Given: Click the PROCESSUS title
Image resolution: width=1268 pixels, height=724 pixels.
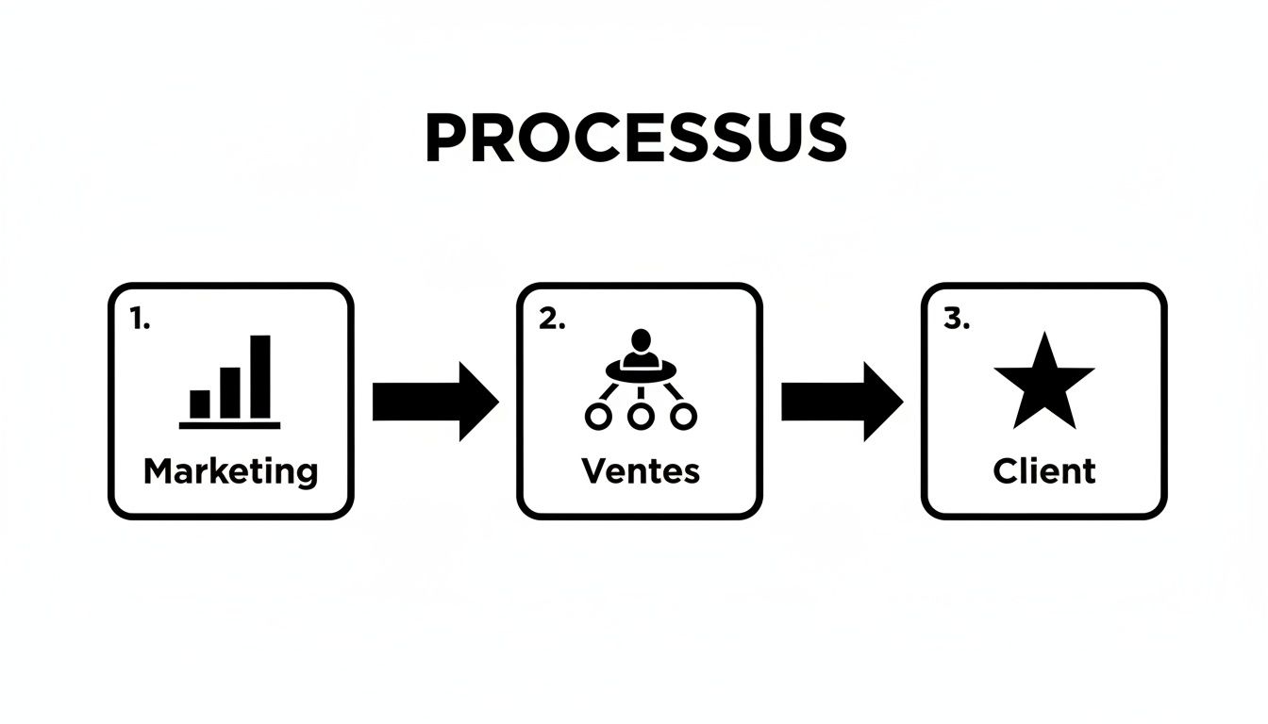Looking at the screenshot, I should (635, 139).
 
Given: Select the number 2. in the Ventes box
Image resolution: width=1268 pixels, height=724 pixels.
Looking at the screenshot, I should (552, 321).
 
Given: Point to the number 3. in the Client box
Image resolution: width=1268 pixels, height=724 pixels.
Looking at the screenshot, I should (956, 321).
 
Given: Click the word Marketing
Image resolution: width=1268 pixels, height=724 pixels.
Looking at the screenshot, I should (230, 470).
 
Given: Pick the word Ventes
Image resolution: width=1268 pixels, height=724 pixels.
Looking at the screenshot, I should (641, 470).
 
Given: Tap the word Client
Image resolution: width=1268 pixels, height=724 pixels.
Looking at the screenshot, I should (1044, 470).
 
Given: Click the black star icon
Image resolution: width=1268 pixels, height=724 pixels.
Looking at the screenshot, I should (1043, 385).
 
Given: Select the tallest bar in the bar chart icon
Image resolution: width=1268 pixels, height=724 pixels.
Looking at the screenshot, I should (260, 376).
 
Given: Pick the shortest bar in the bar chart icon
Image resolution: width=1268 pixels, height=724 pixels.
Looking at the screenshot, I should (200, 403).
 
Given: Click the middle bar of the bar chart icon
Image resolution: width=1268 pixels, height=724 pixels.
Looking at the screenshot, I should (230, 392).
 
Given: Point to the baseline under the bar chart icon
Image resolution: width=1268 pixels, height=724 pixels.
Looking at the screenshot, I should (229, 425).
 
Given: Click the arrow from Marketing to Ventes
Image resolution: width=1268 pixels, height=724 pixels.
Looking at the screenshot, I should (435, 402).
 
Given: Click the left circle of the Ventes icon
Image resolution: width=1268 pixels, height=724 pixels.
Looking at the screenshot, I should (598, 416).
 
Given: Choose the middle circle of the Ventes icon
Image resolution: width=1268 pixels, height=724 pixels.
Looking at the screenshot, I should (641, 416).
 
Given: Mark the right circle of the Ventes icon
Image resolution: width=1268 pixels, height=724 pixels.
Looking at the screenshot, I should (683, 416).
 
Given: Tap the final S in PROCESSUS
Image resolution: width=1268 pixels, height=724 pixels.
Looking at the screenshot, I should (825, 140).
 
